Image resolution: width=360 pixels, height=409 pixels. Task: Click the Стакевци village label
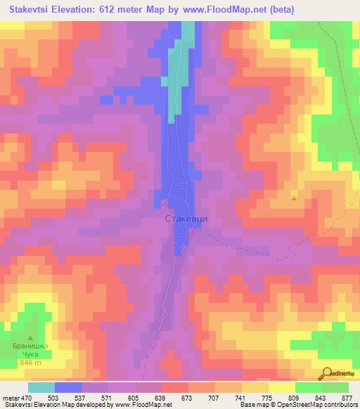click(x=186, y=219)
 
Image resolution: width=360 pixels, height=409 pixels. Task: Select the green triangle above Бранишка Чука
click(x=30, y=337)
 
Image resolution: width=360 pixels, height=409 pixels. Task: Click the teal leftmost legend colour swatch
click(x=41, y=387)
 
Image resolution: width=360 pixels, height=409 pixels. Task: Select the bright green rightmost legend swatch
click(x=336, y=387)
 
